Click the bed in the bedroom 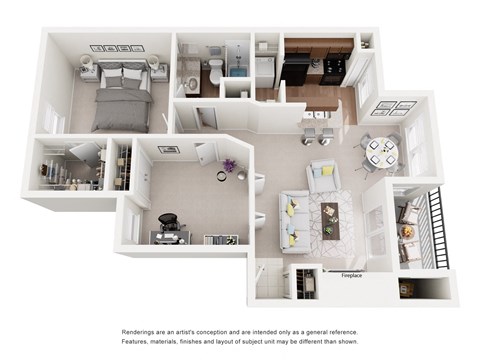121,95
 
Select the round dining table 381,151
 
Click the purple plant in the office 230,166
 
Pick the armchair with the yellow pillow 323,176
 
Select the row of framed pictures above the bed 118,47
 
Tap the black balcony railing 433,229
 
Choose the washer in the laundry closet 265,70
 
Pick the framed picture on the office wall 168,150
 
